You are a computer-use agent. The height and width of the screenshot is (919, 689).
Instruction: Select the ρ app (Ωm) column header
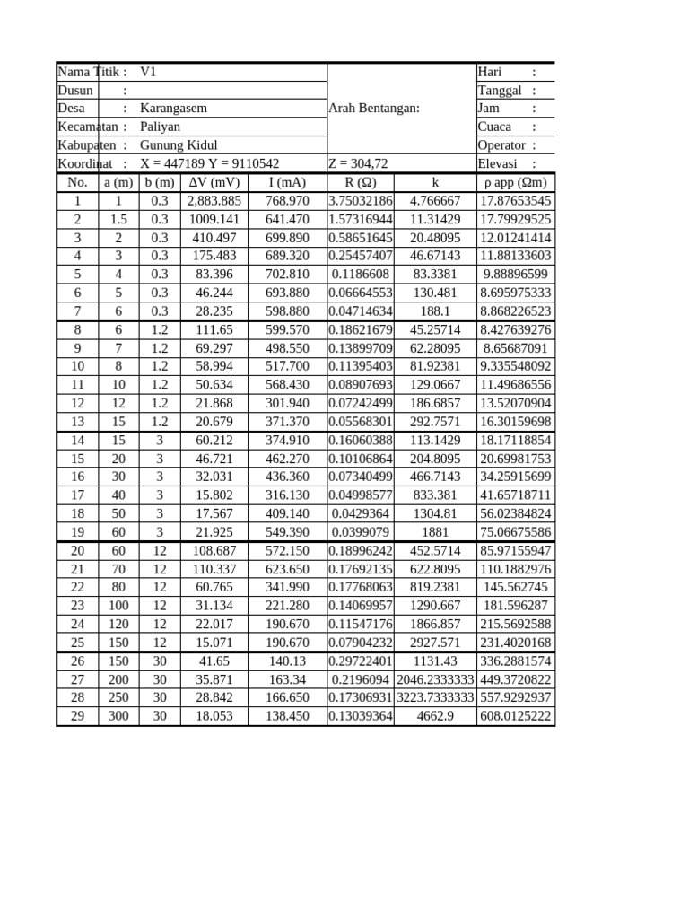515,183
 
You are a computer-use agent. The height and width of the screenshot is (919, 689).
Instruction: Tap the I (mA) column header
288,183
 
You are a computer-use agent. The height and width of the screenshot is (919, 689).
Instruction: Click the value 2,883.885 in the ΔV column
214,201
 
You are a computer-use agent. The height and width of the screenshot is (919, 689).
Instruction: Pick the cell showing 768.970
288,201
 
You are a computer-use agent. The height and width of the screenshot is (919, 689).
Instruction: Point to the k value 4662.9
435,716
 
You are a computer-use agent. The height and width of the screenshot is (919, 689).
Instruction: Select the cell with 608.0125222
516,716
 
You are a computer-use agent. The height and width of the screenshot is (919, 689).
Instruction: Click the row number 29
77,716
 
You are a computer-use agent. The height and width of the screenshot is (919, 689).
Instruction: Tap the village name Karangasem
173,109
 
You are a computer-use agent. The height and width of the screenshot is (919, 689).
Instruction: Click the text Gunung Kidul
179,145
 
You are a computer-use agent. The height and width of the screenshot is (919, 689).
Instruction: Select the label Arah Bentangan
374,109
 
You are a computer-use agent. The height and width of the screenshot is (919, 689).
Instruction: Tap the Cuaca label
495,127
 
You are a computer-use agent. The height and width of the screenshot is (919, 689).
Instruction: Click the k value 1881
435,532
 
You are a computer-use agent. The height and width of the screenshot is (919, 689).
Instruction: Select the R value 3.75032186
361,201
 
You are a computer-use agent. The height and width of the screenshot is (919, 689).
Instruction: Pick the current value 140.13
288,661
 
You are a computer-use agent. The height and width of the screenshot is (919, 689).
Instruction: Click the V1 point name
149,72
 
